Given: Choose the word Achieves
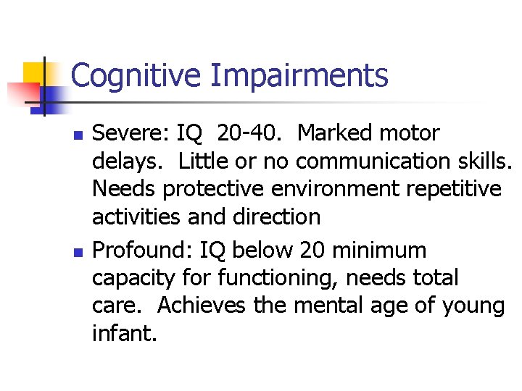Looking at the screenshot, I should pos(202,306).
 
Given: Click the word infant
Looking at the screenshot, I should pos(123,333).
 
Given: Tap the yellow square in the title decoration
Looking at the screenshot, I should pos(34,74).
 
